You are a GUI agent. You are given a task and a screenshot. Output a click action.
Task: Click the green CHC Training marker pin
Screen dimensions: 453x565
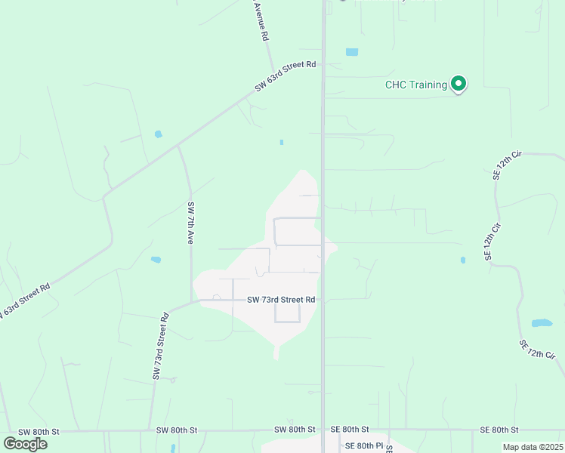click(x=458, y=83)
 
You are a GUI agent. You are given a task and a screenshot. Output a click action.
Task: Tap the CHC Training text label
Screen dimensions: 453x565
click(x=416, y=85)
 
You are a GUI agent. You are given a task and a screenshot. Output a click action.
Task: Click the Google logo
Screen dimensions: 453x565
click(x=25, y=444)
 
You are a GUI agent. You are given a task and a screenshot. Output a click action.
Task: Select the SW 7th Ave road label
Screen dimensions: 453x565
click(x=191, y=223)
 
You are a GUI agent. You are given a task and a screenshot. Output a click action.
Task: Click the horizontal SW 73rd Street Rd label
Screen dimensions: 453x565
click(x=281, y=300)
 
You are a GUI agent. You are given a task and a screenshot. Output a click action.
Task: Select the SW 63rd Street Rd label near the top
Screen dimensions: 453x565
click(x=285, y=76)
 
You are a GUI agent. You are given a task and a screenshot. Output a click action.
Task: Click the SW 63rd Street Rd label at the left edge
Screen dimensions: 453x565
click(x=25, y=300)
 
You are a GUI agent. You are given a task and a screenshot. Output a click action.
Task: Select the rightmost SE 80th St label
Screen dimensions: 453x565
click(x=500, y=430)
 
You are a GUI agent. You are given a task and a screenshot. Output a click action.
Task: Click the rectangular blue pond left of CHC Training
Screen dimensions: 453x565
click(x=352, y=52)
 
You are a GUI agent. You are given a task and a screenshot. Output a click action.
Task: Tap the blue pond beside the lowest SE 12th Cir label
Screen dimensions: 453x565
click(x=542, y=323)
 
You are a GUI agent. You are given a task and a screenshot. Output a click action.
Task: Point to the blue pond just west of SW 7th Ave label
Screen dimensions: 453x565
click(x=156, y=260)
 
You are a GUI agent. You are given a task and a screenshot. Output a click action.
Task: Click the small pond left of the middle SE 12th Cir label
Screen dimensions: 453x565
click(x=462, y=260)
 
